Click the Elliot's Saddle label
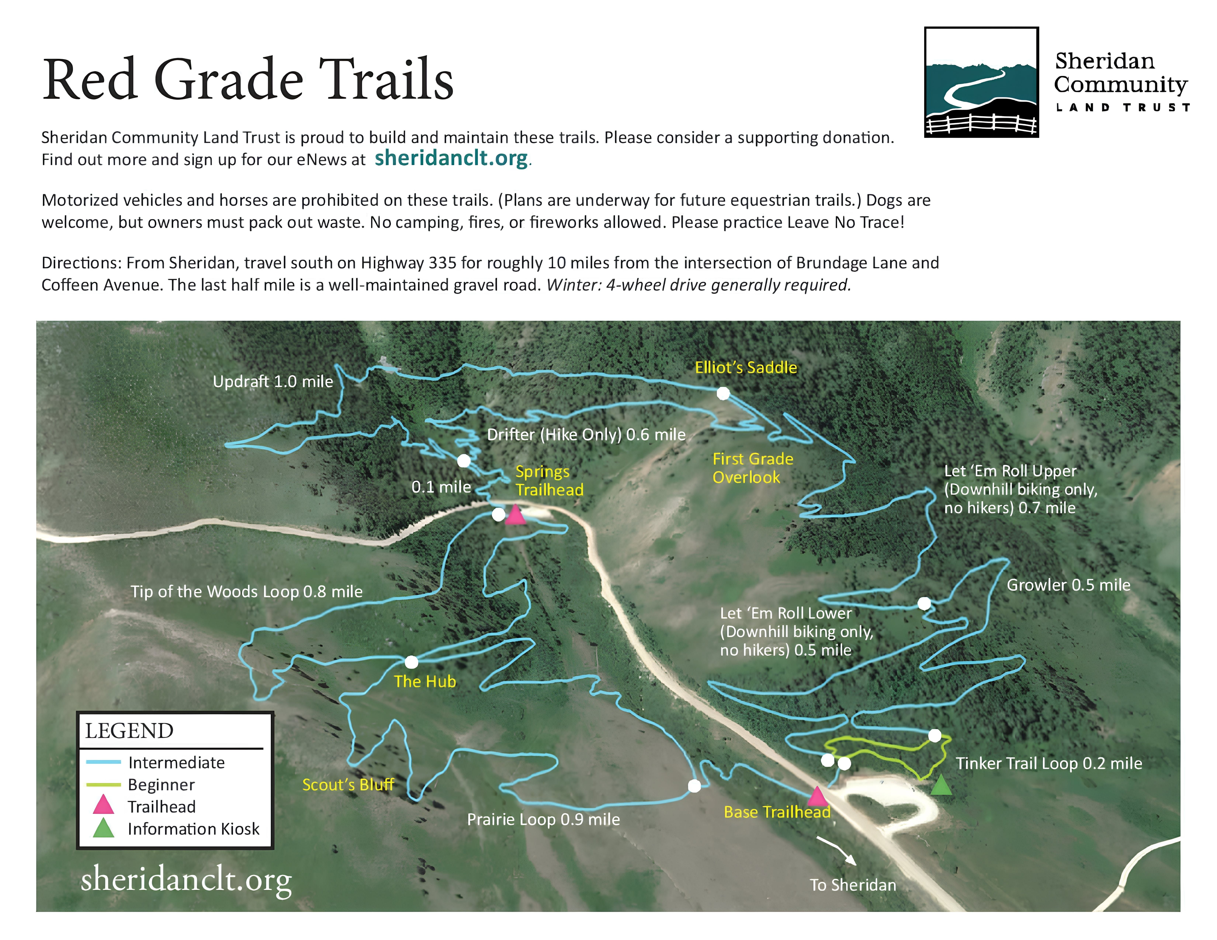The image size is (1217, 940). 746,368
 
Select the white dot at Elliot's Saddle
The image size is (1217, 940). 723,394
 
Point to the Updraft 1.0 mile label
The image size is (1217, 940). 273,382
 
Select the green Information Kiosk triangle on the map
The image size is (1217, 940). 941,785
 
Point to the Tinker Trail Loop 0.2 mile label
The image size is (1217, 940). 1049,763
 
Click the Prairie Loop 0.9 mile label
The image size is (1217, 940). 543,819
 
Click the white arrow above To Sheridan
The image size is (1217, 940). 836,849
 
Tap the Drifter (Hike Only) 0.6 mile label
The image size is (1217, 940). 586,434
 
